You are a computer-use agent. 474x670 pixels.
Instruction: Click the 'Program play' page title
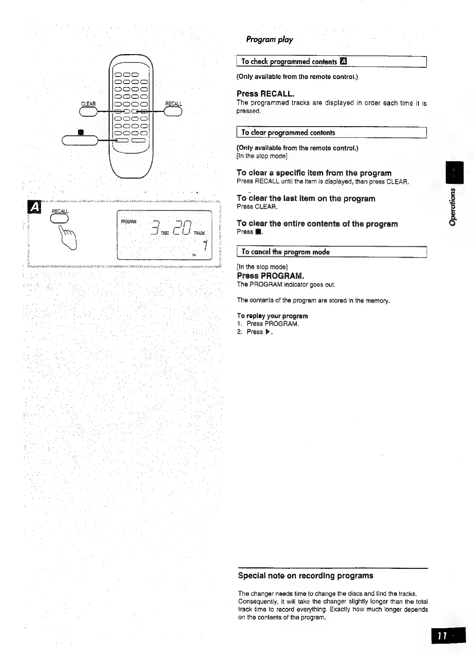click(269, 39)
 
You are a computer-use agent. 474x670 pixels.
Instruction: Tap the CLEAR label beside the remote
click(88, 104)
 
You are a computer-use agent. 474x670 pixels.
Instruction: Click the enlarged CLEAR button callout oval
click(88, 112)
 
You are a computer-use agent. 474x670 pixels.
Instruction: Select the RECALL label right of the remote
click(174, 104)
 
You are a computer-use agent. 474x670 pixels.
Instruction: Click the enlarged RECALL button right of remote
click(173, 112)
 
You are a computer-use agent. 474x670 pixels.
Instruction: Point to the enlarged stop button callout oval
click(80, 140)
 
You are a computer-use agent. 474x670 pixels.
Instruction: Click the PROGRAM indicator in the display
click(129, 221)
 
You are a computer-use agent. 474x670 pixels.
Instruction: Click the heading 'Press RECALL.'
click(265, 94)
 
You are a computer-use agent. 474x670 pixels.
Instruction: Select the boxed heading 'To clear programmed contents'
click(288, 133)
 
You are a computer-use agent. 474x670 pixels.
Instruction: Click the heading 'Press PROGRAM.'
click(270, 276)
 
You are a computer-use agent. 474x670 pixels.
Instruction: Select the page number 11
click(443, 636)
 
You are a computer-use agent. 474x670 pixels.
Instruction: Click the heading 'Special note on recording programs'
click(305, 576)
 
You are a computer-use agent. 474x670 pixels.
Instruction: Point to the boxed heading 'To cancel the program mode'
click(285, 252)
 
